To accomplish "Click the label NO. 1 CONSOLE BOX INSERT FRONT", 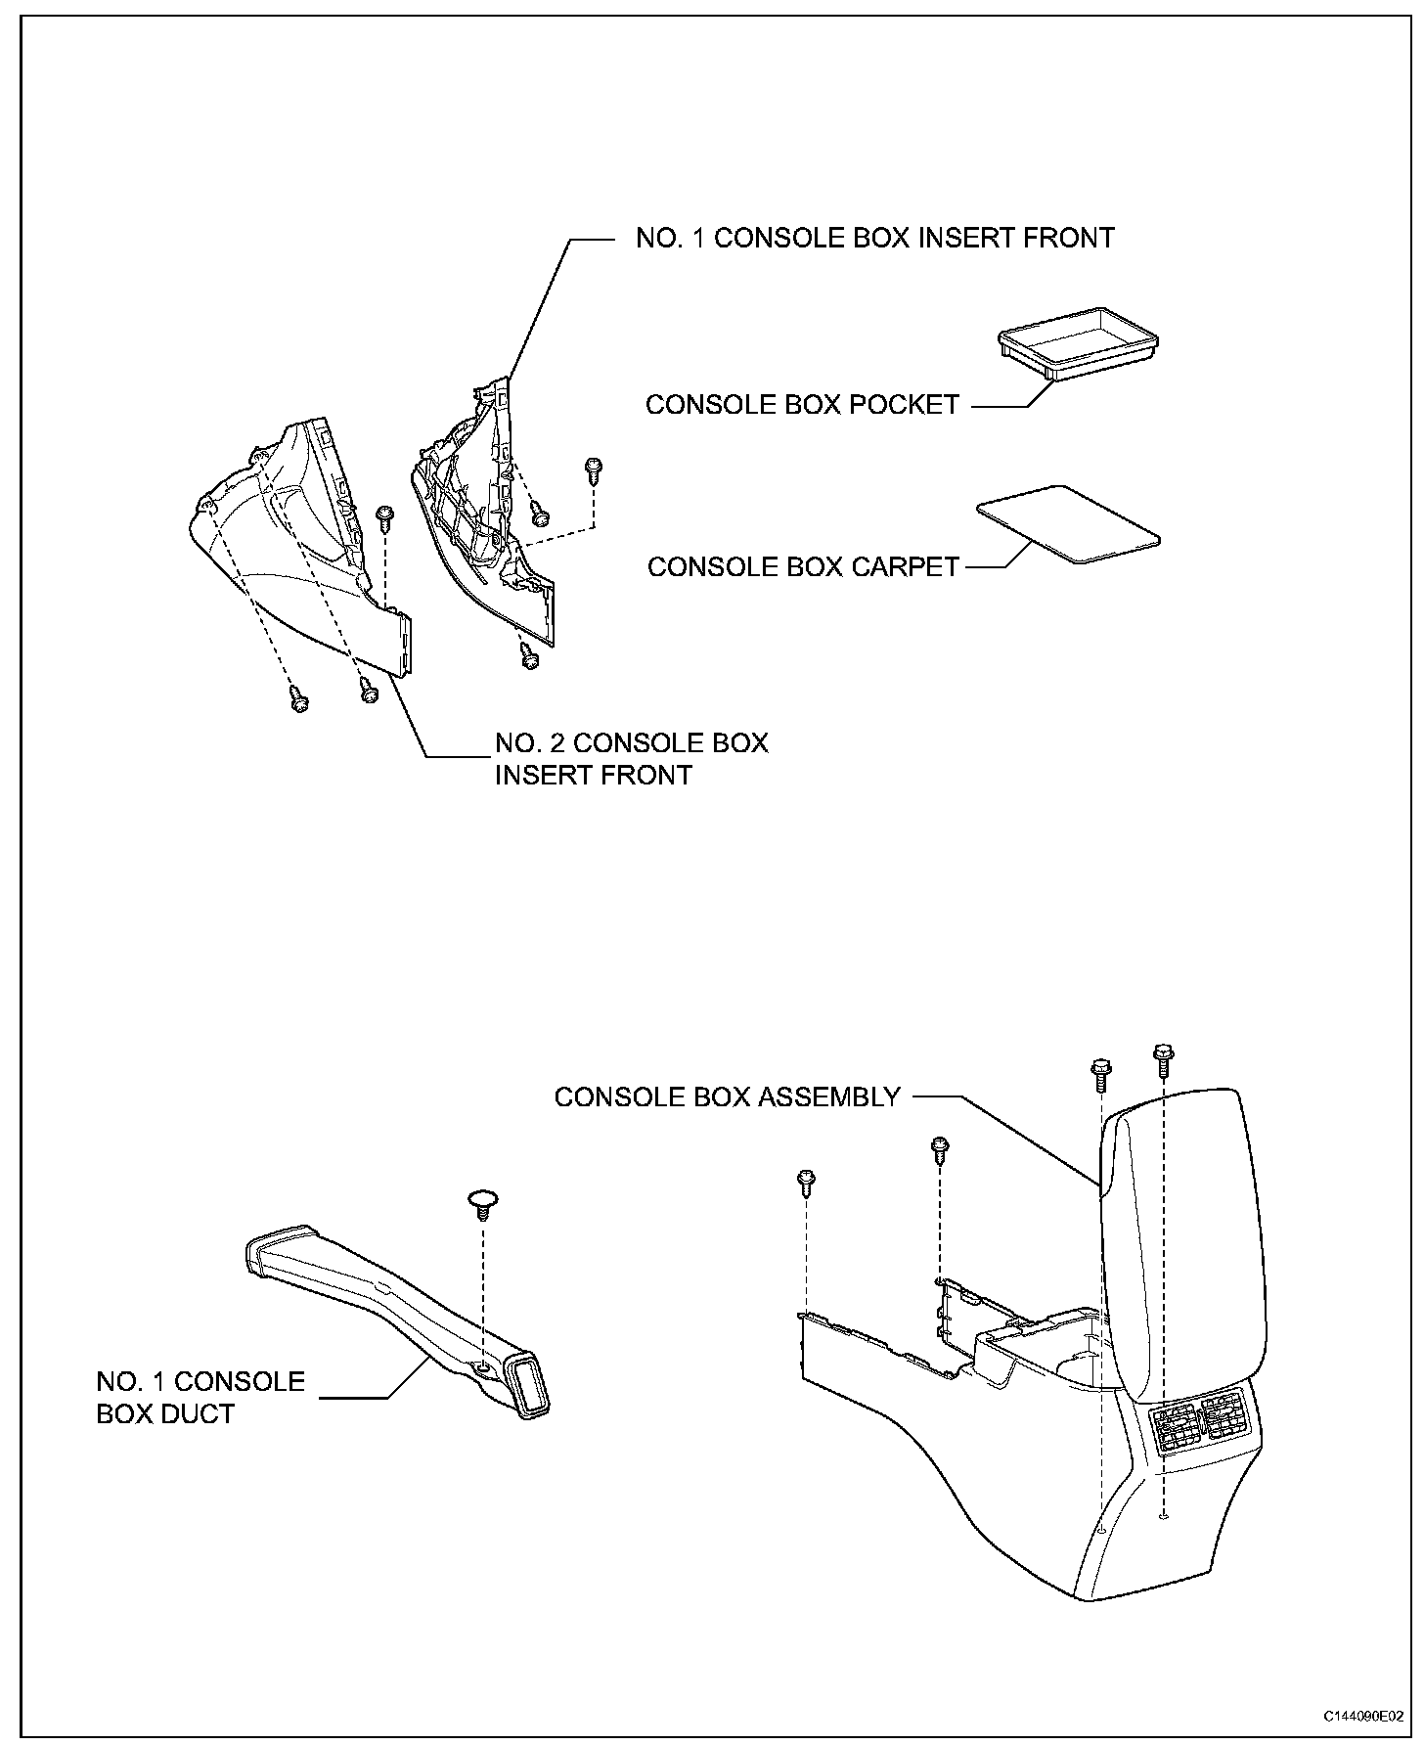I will (874, 239).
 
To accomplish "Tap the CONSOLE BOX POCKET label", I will (802, 405).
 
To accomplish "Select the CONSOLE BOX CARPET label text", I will (803, 567).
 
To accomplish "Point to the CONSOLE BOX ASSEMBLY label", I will (726, 1096).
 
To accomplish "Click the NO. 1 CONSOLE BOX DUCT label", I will (200, 1397).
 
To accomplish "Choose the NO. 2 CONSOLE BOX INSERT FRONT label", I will (631, 759).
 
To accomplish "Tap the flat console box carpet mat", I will (1068, 524).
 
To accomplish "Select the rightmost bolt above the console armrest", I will (1163, 1057).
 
